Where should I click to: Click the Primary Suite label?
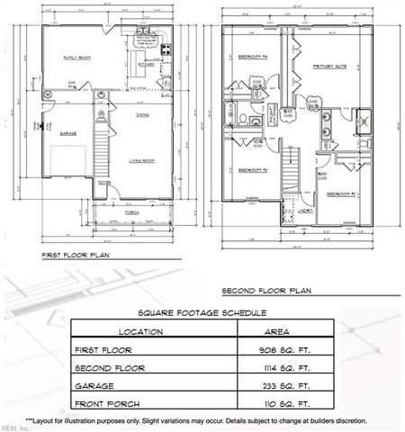point(329,67)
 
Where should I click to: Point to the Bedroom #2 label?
point(341,193)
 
